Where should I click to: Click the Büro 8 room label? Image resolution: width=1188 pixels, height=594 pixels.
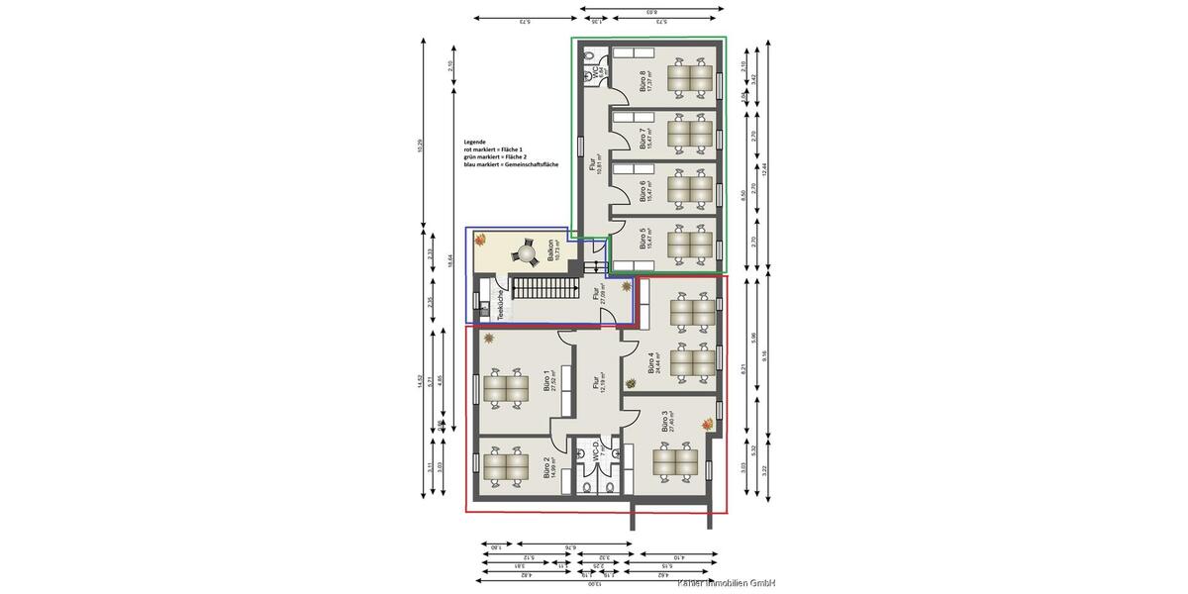point(644,80)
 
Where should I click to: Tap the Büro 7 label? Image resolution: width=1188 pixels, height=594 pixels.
point(644,138)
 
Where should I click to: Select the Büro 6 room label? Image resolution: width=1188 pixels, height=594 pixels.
point(644,190)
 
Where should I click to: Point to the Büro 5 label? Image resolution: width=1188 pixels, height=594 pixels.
point(644,244)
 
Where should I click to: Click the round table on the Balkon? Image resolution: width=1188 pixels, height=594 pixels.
point(522,254)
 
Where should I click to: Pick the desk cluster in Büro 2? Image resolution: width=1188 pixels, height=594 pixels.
point(506,466)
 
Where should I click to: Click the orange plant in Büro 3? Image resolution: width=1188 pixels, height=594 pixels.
point(708,424)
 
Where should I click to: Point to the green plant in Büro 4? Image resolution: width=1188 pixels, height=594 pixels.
point(631,383)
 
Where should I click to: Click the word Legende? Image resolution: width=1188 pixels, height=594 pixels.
point(475,142)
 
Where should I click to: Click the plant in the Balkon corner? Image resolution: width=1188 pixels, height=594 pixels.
point(480,239)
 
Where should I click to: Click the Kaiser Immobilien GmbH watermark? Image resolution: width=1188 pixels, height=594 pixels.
point(719,584)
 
